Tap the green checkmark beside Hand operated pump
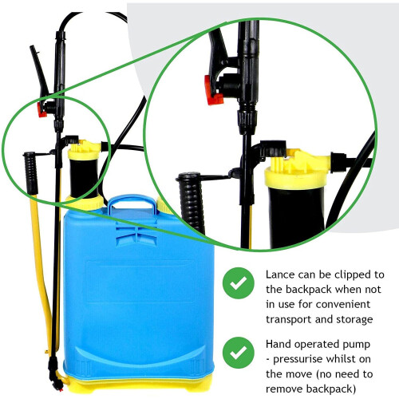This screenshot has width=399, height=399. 236,351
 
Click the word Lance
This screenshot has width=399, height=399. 280,274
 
